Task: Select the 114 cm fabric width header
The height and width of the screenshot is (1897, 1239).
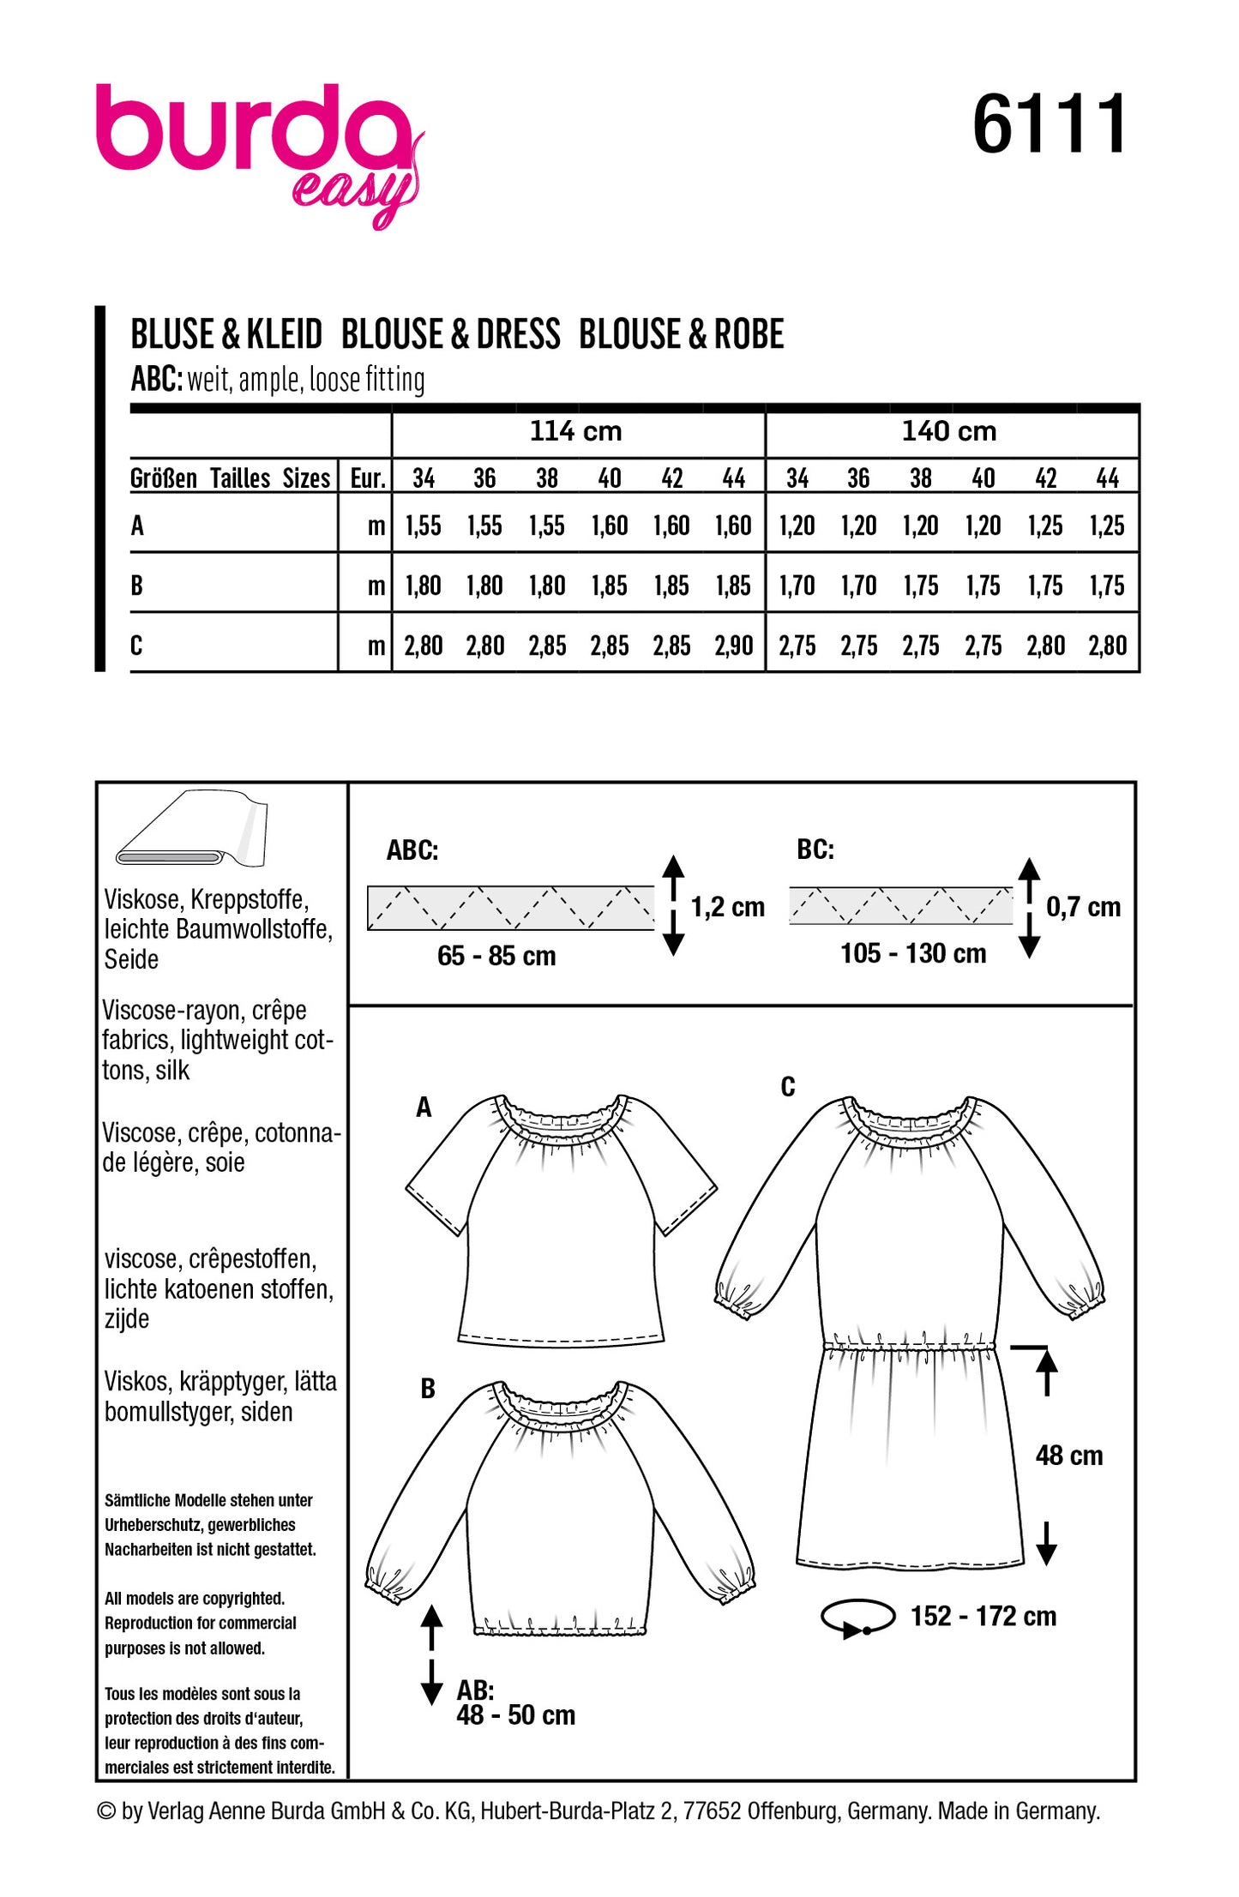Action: [x=575, y=431]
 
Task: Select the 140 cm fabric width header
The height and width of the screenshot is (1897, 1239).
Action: [x=948, y=431]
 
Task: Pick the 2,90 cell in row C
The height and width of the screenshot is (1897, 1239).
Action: [x=734, y=645]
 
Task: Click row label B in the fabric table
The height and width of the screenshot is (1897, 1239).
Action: [x=137, y=585]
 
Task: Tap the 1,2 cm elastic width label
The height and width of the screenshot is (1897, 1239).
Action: [x=727, y=907]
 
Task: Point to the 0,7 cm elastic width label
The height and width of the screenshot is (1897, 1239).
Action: [x=1083, y=907]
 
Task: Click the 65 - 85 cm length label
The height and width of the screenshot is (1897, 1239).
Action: [x=496, y=956]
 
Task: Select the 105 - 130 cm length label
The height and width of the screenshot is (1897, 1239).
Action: [x=913, y=953]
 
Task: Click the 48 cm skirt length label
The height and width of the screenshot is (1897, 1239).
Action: [x=1068, y=1455]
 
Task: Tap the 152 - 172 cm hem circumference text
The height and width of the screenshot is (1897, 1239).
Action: [x=983, y=1616]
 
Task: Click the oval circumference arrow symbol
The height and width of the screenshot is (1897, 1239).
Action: [x=857, y=1618]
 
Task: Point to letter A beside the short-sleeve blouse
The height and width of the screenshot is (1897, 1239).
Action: [x=424, y=1108]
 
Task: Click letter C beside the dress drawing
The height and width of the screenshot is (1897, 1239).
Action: [x=788, y=1087]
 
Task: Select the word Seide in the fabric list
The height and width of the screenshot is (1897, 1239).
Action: [x=131, y=959]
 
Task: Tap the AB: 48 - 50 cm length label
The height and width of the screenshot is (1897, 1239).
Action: [x=514, y=1702]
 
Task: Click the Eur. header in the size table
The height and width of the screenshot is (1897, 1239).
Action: [x=368, y=478]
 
